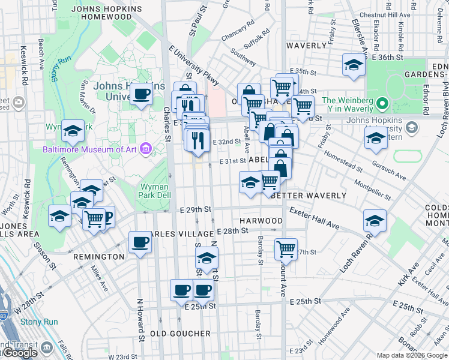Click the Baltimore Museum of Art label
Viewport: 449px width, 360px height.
90,149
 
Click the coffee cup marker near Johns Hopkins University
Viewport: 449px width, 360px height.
142,94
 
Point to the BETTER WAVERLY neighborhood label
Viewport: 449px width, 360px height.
309,196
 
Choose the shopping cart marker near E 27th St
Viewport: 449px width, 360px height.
286,248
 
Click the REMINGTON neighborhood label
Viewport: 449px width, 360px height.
98,257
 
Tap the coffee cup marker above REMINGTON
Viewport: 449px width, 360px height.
140,242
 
